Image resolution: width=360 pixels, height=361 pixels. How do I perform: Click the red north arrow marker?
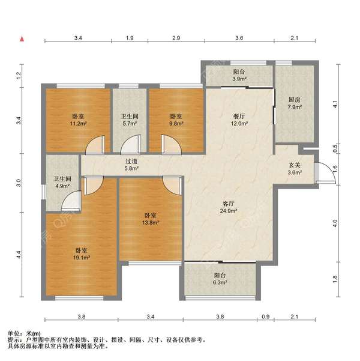point(22,39)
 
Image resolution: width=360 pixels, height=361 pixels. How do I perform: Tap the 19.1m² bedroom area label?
point(82,254)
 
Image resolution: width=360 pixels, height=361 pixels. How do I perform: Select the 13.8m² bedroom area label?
point(151,219)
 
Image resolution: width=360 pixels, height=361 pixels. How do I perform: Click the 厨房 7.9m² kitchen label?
point(295,103)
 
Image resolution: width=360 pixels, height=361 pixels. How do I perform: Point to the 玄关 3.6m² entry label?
point(295,169)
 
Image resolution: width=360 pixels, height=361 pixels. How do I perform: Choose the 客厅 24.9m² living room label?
point(229,207)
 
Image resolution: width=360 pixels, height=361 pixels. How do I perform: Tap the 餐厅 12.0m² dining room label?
point(239,120)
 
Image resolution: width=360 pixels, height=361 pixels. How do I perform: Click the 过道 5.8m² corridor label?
point(131,165)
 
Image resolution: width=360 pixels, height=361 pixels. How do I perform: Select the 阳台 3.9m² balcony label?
point(239,75)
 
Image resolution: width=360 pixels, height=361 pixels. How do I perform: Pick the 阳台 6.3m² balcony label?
point(220,279)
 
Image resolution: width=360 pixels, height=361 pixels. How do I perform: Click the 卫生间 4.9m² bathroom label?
point(62,183)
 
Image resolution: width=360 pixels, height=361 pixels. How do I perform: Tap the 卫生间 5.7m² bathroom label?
point(130,120)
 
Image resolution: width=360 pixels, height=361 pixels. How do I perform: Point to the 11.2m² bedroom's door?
point(95,145)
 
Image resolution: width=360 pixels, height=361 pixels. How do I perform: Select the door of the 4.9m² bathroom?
point(71,201)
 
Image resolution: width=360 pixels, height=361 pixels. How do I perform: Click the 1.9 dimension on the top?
point(130,38)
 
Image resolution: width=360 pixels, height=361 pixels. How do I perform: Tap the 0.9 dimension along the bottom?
point(266,317)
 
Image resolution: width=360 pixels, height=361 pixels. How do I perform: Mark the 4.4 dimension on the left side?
point(19,255)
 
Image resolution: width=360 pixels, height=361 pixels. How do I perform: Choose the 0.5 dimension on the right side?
point(335,146)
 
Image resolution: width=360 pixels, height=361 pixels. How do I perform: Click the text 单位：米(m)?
point(24,333)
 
